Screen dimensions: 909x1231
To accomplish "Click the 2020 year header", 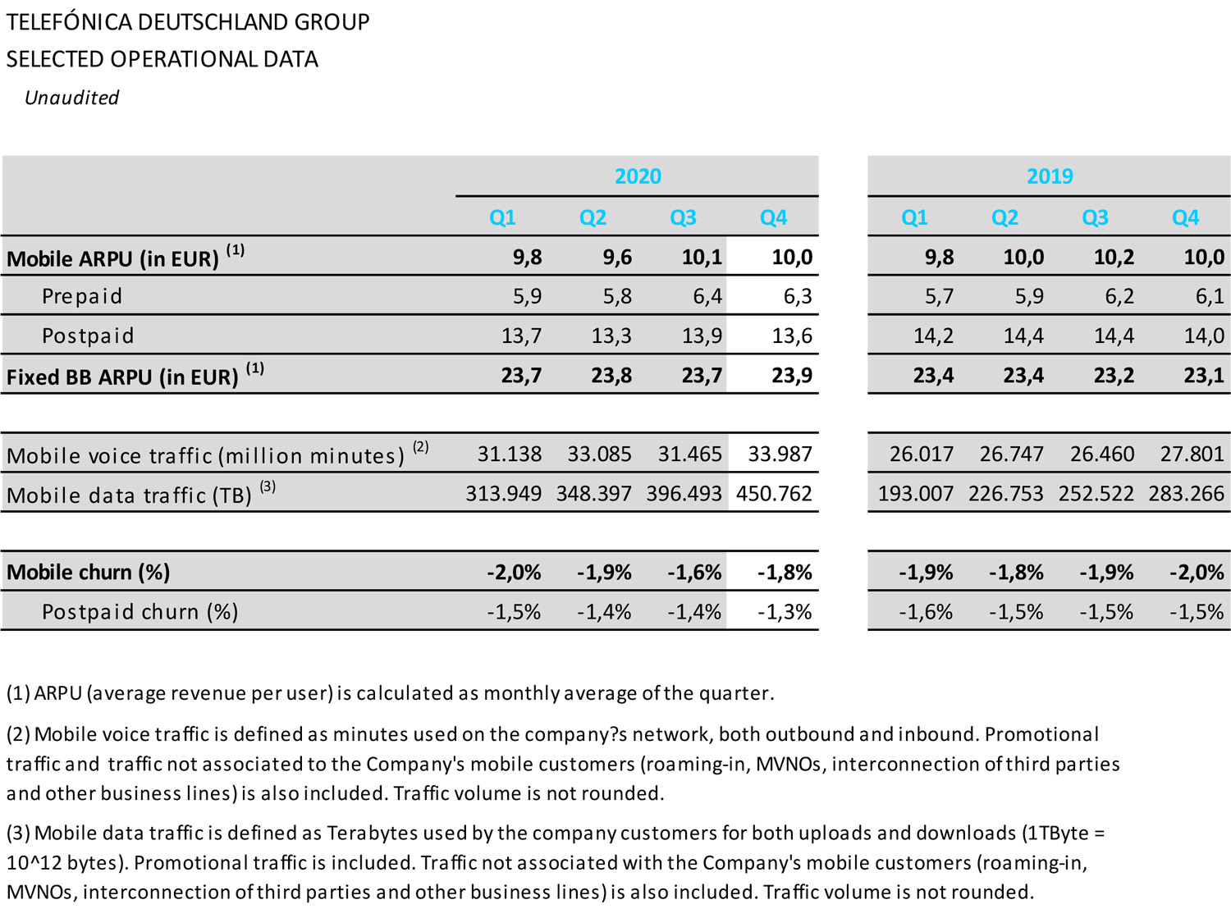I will point(638,176).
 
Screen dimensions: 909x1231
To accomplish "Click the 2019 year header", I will point(1050,176).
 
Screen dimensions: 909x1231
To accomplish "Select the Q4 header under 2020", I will point(773,217).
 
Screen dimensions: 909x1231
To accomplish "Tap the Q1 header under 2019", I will point(914,217).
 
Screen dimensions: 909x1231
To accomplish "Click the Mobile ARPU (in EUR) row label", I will point(112,258).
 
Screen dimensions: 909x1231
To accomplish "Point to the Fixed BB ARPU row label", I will point(122,377).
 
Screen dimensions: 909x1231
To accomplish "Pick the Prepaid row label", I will point(82,296).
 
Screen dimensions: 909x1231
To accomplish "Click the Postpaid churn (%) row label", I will point(140,612).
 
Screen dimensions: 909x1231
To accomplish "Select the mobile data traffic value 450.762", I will point(774,494).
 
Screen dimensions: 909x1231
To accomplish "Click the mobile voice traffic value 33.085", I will point(599,454).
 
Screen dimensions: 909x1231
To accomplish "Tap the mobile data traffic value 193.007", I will point(915,494).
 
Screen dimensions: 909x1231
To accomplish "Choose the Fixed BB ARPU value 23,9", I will point(792,376).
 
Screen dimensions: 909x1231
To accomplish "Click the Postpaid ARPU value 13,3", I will point(611,336).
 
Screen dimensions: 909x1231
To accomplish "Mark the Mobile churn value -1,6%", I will point(694,573).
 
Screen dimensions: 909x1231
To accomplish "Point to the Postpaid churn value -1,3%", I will point(785,612).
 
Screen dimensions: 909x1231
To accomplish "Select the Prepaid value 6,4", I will point(707,296).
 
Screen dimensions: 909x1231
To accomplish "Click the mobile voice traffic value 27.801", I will point(1192,454).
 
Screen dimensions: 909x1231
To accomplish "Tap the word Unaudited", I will point(72,98).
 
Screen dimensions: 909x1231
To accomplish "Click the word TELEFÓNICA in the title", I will point(69,22).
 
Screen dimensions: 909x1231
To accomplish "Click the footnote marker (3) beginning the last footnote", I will point(18,834).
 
